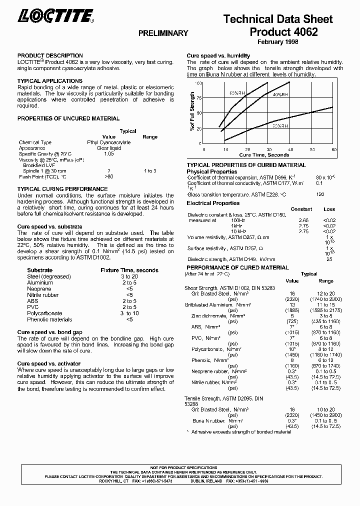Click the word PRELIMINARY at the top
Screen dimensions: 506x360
click(x=163, y=33)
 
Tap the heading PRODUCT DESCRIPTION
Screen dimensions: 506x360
click(x=50, y=55)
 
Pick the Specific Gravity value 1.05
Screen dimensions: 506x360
click(x=109, y=154)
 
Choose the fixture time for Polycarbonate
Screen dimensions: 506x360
click(x=129, y=313)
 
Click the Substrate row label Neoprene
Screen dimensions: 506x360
click(x=39, y=289)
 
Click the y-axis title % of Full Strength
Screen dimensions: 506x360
click(x=192, y=111)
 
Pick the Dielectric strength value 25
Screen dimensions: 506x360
click(x=329, y=259)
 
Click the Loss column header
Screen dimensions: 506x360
click(x=329, y=209)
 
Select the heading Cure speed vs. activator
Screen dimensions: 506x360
click(x=49, y=363)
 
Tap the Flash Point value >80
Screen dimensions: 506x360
click(x=109, y=176)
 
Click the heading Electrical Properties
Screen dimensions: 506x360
click(x=213, y=203)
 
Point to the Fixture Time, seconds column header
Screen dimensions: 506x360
click(x=129, y=270)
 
